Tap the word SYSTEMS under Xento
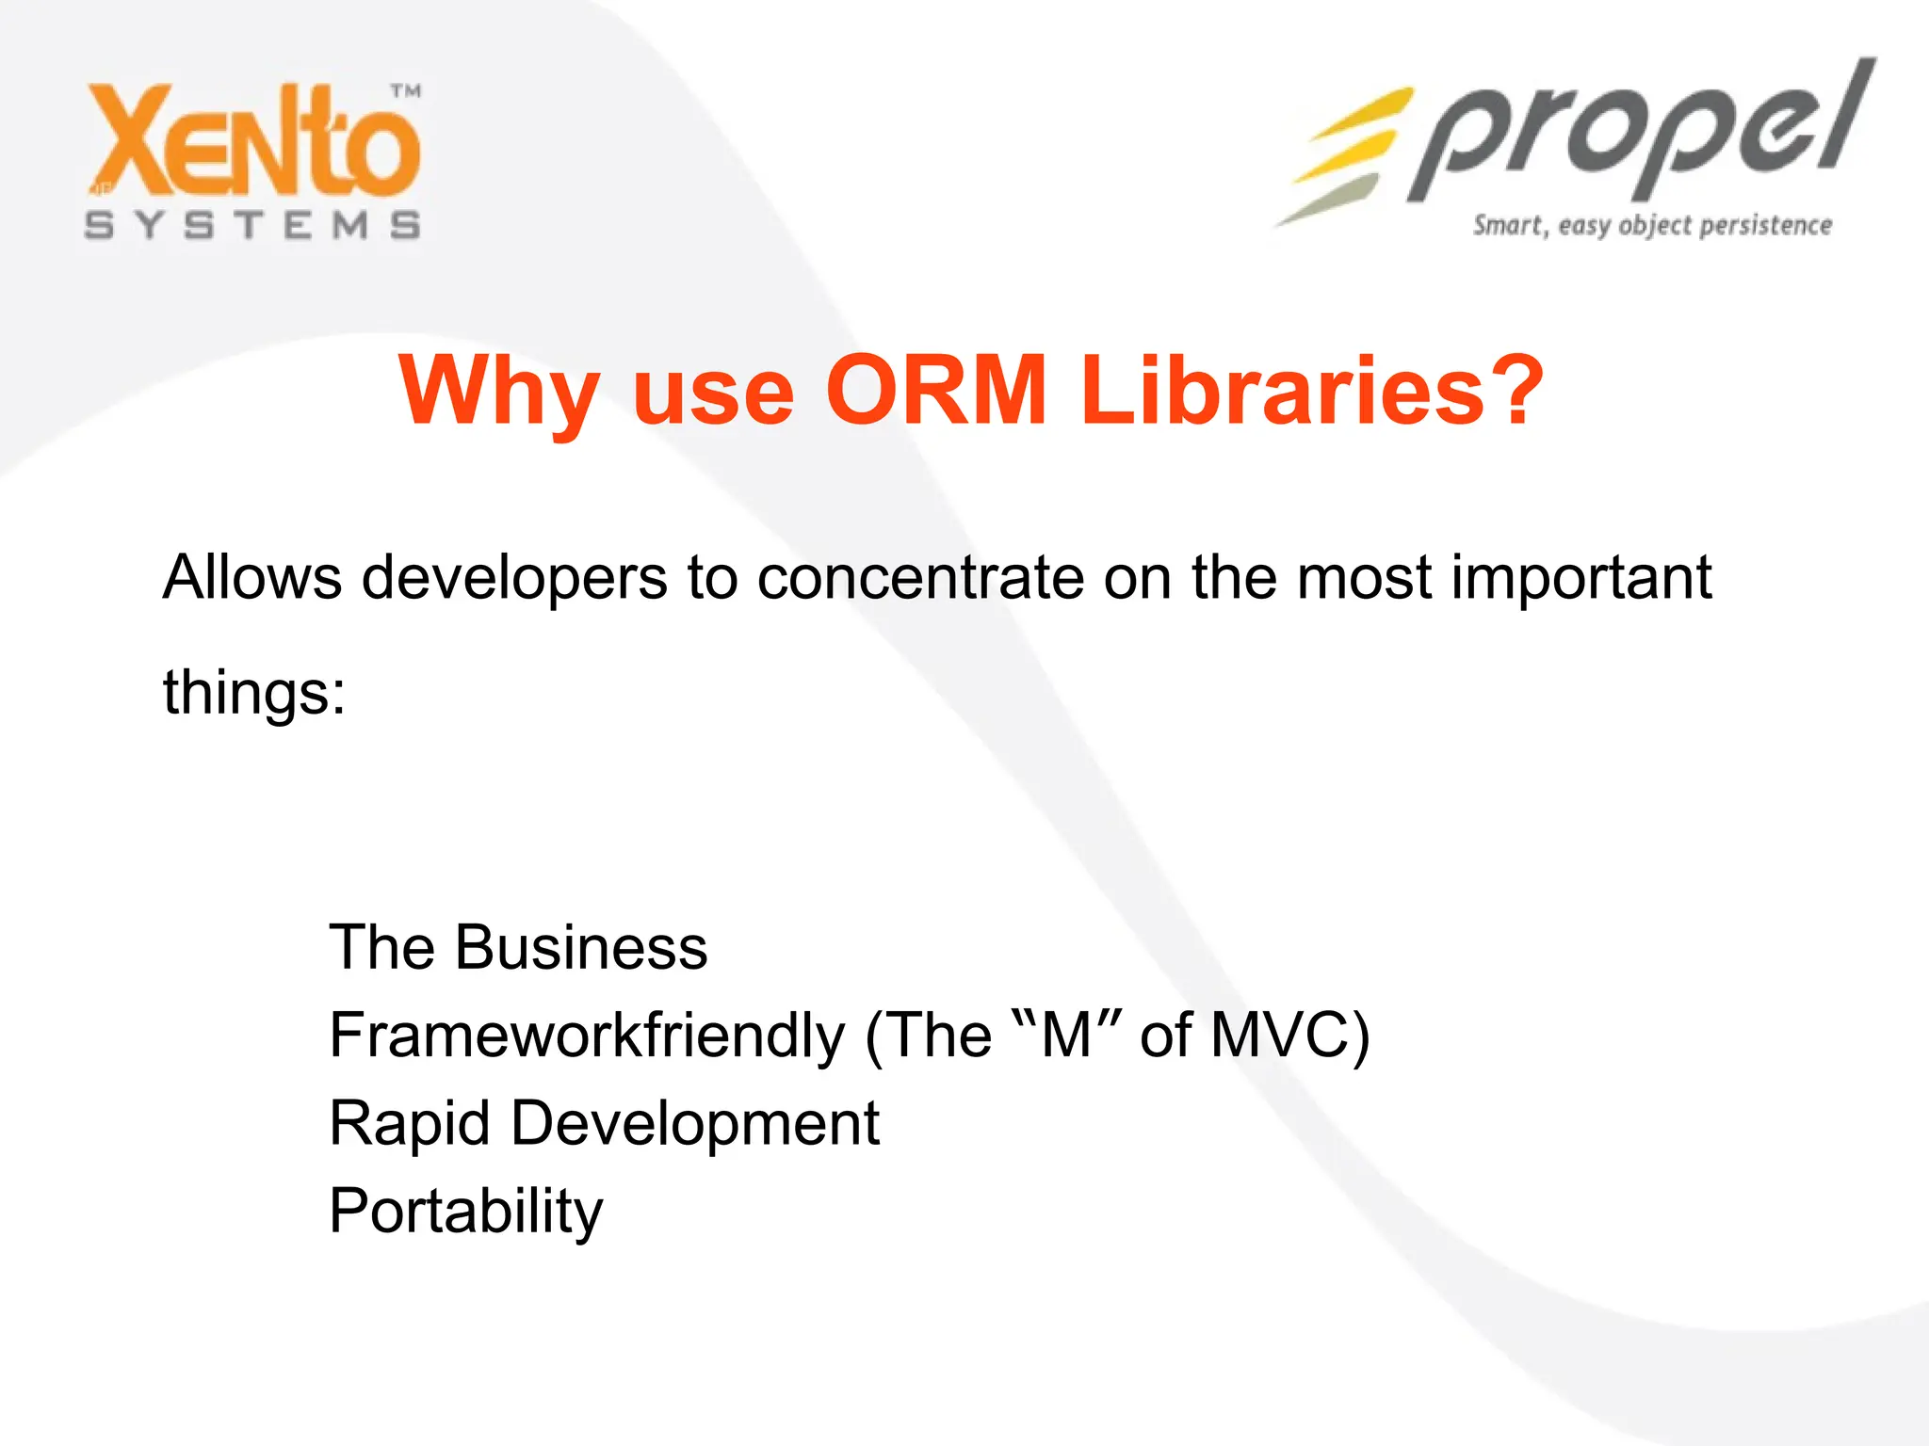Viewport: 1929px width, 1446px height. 252,226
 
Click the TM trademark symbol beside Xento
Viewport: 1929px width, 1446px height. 406,91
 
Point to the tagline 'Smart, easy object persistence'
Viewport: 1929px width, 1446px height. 1652,226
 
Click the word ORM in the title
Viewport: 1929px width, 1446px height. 936,390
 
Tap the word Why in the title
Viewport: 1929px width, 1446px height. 499,392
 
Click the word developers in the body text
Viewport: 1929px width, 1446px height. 514,578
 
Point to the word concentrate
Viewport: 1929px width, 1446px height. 920,578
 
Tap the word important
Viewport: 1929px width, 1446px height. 1581,578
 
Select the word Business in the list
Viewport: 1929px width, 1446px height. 580,947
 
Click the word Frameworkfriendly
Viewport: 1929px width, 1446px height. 587,1036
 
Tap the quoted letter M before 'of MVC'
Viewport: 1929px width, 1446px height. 1066,1036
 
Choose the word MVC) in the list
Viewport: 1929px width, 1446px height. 1289,1036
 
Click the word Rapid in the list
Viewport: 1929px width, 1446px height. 410,1124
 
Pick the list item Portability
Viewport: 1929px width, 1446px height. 465,1212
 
